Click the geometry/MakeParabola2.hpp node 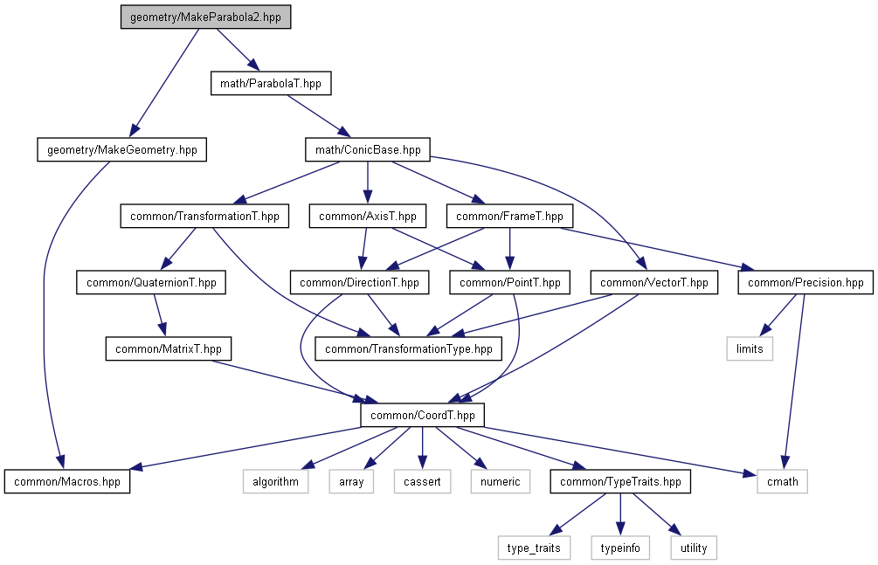[205, 17]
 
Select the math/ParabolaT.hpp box [271, 84]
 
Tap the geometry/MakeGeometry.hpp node [122, 150]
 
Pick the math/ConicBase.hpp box [368, 150]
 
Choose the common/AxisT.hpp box [368, 216]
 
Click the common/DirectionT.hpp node [359, 283]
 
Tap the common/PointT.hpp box [510, 283]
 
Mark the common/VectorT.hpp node [653, 283]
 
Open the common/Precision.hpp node [805, 283]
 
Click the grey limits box [750, 349]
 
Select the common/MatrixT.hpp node [169, 349]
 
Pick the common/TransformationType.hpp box [409, 349]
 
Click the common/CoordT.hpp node [423, 416]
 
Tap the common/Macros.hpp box [67, 482]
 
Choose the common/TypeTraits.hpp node [620, 482]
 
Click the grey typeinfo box [620, 548]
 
